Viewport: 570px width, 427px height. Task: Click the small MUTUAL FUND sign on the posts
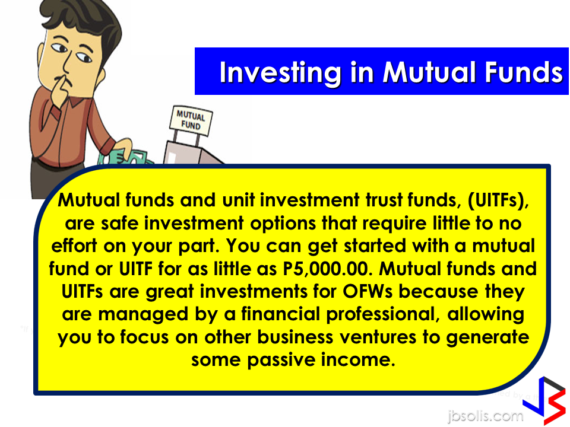(191, 120)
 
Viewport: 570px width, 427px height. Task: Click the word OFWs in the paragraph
(368, 292)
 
